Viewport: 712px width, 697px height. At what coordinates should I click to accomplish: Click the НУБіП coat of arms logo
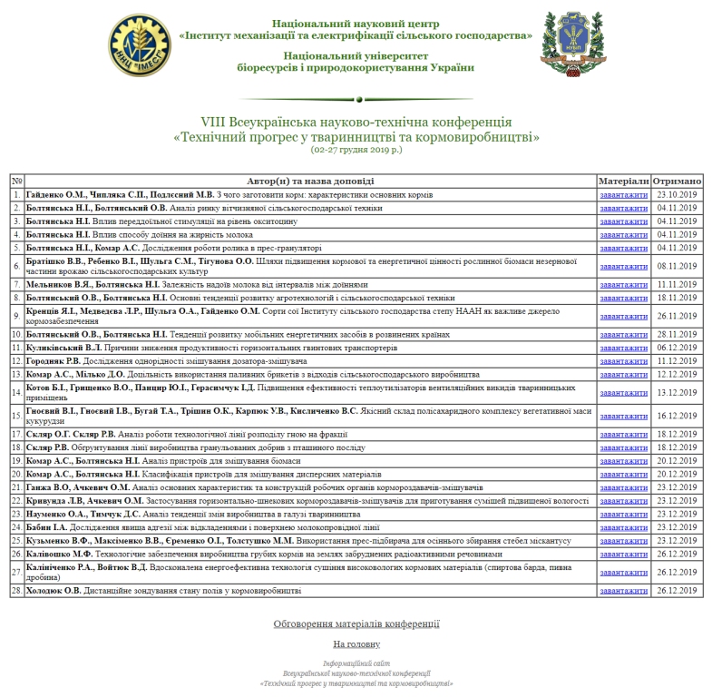click(570, 44)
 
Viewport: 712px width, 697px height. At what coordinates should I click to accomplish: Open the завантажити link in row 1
click(623, 194)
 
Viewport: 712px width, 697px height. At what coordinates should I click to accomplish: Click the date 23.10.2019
click(675, 194)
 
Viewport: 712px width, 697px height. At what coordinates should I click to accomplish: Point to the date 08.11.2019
click(675, 266)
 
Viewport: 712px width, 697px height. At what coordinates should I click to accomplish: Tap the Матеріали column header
click(624, 181)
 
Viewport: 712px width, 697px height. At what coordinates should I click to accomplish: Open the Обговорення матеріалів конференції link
click(356, 623)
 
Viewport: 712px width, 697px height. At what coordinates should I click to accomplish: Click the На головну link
click(356, 643)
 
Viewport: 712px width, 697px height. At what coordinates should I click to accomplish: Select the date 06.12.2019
click(675, 348)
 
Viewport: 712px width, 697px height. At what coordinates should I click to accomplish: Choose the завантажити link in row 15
click(623, 416)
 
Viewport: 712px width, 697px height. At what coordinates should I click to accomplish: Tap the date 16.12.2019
click(675, 416)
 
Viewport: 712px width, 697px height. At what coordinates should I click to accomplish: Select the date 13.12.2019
click(675, 393)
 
